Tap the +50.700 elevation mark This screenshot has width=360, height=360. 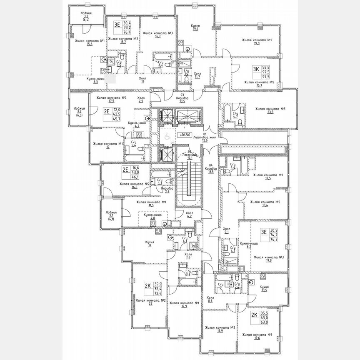[x=184, y=135]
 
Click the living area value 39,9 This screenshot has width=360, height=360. [x=158, y=283]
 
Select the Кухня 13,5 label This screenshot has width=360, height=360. [x=263, y=289]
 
